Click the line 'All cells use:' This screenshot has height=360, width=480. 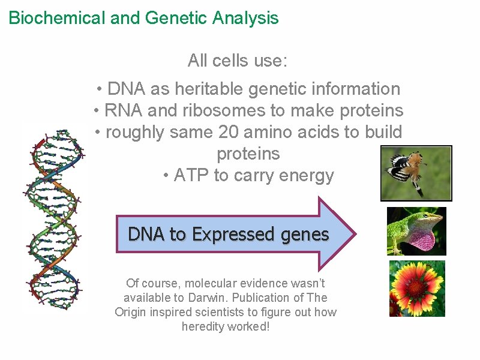tap(238, 61)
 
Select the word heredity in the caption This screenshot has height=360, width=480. tap(203, 326)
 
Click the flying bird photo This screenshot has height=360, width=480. tap(416, 173)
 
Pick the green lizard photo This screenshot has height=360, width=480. tap(416, 231)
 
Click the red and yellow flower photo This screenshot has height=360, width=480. tap(416, 289)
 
